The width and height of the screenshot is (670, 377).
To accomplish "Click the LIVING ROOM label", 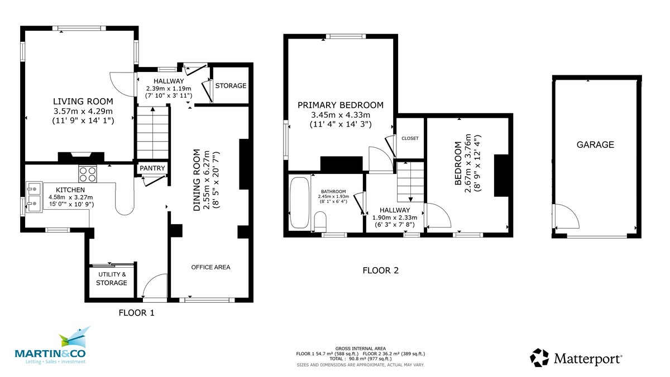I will pyautogui.click(x=83, y=101).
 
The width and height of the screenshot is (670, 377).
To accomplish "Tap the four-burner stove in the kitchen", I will pyautogui.click(x=88, y=175).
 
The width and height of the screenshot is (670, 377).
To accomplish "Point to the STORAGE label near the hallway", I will pyautogui.click(x=231, y=86).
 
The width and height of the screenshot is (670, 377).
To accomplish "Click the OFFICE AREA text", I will pyautogui.click(x=210, y=267).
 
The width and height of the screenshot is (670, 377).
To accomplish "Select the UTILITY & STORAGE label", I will pyautogui.click(x=112, y=279).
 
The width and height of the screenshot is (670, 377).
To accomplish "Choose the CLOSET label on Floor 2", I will pyautogui.click(x=410, y=138).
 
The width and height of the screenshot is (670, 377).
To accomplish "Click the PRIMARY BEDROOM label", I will pyautogui.click(x=341, y=105).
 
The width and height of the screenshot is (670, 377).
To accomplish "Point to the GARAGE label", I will pyautogui.click(x=595, y=145).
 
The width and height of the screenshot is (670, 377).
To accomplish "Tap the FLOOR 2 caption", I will pyautogui.click(x=381, y=271).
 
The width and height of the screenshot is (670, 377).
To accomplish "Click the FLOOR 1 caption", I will pyautogui.click(x=136, y=313).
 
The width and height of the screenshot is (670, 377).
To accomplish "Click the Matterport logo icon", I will pyautogui.click(x=539, y=357).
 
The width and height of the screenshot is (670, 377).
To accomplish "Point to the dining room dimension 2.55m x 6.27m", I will pyautogui.click(x=207, y=180).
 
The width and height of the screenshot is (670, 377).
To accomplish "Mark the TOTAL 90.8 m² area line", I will pyautogui.click(x=360, y=359).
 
